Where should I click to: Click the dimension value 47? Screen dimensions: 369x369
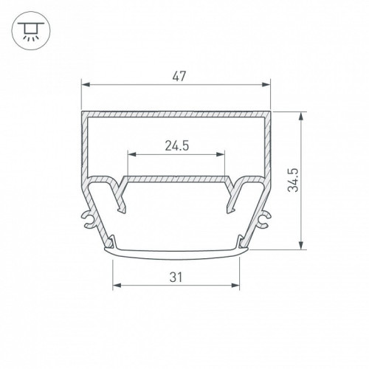[x=179, y=76]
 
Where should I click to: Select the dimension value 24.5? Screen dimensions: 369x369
[x=176, y=146]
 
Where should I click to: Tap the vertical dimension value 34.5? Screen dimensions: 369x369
[x=293, y=180]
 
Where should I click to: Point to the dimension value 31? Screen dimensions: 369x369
[x=176, y=277]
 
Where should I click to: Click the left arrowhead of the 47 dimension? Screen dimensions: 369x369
[x=86, y=85]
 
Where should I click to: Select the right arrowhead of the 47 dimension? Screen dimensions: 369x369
[x=266, y=85]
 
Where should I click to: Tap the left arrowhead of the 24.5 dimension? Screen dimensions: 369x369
[x=132, y=154]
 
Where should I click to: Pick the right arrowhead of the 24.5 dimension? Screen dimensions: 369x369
[x=220, y=154]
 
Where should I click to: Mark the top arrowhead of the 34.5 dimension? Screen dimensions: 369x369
[x=300, y=117]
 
